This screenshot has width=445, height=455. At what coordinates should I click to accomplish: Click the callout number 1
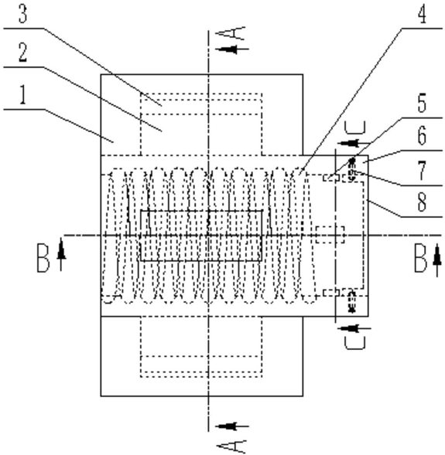coord(23,96)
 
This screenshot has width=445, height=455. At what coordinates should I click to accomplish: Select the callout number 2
coord(23,53)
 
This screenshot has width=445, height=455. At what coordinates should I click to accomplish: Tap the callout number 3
coord(23,14)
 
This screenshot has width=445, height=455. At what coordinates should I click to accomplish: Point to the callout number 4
coord(423,14)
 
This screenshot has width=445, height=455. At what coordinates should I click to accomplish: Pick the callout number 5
coord(423,103)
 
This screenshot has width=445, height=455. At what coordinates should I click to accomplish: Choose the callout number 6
coord(423,135)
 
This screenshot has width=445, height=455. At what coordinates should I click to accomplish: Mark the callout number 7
coord(423,170)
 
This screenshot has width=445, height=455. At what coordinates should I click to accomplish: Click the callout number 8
coord(423,202)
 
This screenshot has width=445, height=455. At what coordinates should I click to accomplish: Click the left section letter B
coord(43,258)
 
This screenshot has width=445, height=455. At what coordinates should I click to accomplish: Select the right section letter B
coord(420,258)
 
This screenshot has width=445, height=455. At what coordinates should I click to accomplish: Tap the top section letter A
coord(231,33)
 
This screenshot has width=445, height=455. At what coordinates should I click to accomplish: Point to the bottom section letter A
coord(231,446)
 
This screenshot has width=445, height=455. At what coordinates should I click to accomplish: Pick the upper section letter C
coord(354,128)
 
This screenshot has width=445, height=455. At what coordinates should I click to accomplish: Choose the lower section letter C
coord(354,343)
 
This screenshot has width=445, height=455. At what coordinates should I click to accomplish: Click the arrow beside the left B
coord(61,254)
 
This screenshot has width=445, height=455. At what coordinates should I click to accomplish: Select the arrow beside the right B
coord(437,260)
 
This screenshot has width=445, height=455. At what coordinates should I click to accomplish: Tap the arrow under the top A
coord(232,49)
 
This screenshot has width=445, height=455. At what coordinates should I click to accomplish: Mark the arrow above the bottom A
coord(232,426)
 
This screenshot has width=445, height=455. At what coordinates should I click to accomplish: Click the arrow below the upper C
coord(354,143)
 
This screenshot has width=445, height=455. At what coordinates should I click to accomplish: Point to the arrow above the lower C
coord(354,328)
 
